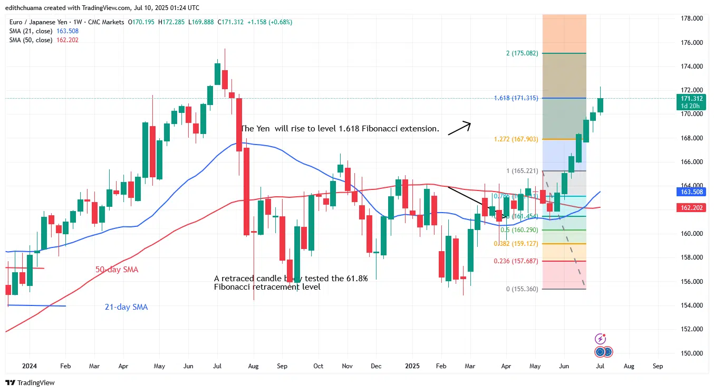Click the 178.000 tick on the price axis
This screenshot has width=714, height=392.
pyautogui.click(x=691, y=18)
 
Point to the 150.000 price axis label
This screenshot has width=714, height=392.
pyautogui.click(x=691, y=353)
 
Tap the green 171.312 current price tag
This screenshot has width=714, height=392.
pyautogui.click(x=691, y=99)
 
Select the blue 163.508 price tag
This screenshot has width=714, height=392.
pyautogui.click(x=691, y=192)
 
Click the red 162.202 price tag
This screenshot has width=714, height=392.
pyautogui.click(x=691, y=208)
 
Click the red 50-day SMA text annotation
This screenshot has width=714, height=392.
pyautogui.click(x=117, y=270)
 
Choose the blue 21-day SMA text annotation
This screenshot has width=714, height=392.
pyautogui.click(x=126, y=307)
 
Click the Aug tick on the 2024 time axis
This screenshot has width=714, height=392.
pyautogui.click(x=254, y=366)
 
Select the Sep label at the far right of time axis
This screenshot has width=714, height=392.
pyautogui.click(x=658, y=366)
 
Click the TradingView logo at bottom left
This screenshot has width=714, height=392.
pyautogui.click(x=30, y=383)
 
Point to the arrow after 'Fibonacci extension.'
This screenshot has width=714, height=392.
pyautogui.click(x=459, y=128)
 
